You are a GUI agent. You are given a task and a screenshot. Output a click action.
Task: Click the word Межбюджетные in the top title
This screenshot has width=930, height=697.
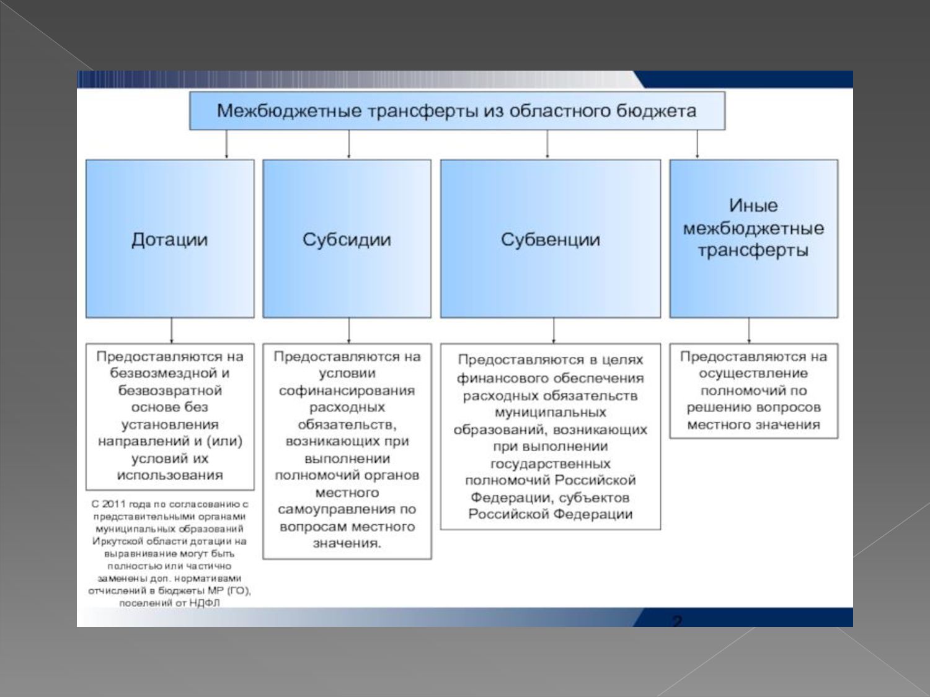click(288, 112)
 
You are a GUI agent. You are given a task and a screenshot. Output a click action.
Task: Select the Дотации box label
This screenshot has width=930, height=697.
click(169, 240)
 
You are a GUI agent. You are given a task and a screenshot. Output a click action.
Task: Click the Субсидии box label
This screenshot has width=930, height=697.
click(347, 240)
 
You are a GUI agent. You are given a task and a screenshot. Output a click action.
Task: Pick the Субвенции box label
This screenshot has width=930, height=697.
click(550, 240)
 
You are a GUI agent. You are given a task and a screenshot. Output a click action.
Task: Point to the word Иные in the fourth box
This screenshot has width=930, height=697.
click(753, 206)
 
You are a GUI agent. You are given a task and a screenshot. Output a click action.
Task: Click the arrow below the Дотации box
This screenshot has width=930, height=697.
click(172, 331)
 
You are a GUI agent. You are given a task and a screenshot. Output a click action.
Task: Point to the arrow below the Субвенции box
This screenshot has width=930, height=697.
click(554, 331)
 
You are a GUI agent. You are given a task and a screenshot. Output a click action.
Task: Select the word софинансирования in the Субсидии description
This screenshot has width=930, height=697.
click(347, 391)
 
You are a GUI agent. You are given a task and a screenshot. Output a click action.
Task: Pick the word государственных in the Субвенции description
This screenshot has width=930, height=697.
click(550, 464)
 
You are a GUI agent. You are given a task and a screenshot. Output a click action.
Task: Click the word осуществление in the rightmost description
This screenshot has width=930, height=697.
click(753, 374)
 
